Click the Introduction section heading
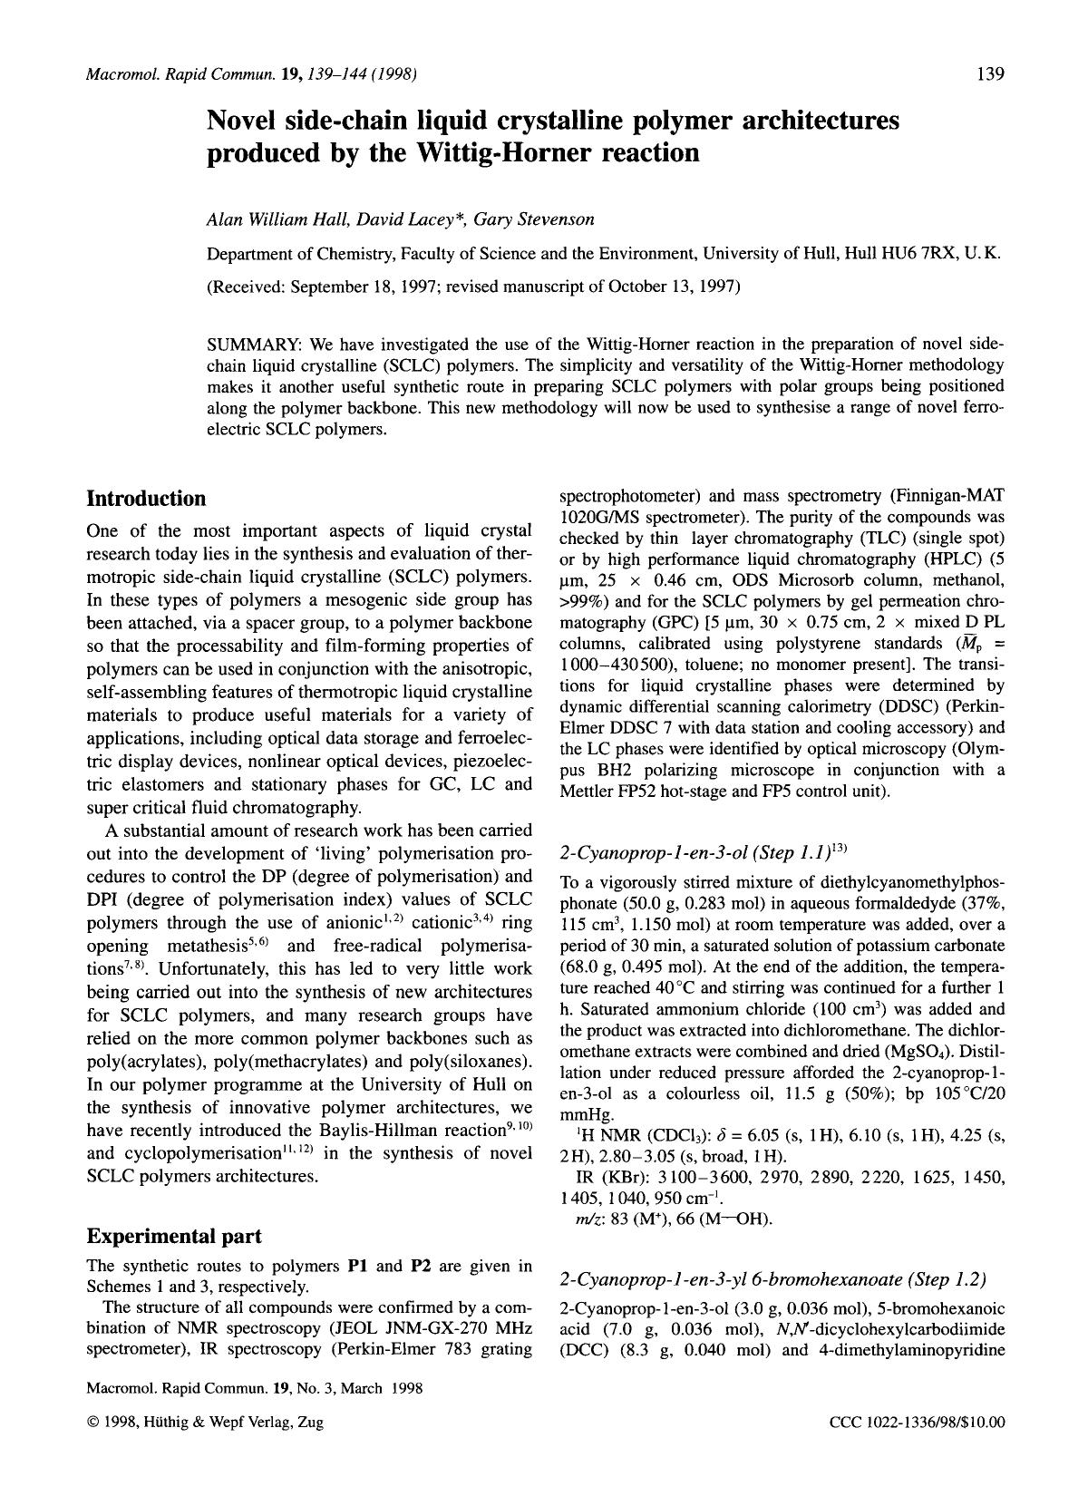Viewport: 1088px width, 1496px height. [x=146, y=499]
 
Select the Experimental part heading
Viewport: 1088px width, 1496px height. [x=174, y=1236]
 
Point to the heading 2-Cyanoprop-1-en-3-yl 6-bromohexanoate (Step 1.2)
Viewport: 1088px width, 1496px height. [x=772, y=1279]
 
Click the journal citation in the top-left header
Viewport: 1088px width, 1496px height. [x=250, y=74]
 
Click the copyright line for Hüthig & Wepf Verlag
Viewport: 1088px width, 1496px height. [x=205, y=1423]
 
